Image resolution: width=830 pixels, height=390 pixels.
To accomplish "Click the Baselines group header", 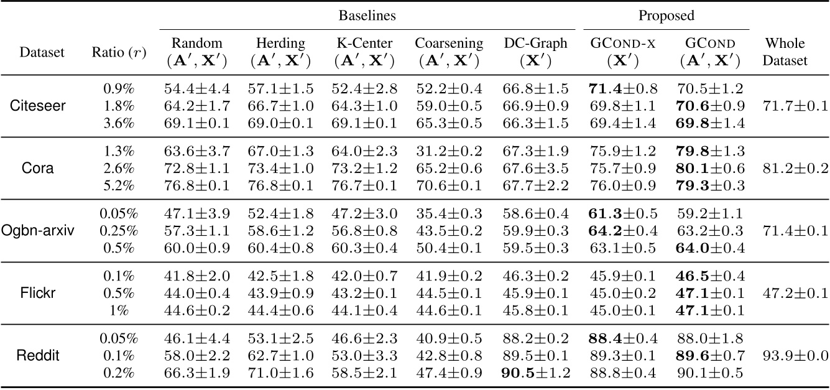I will [x=367, y=14].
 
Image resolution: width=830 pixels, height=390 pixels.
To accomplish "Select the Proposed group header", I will [x=666, y=14].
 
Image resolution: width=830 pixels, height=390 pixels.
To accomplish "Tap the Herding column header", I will [x=280, y=52].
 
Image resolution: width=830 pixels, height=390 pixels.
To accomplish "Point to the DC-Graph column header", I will [x=536, y=52].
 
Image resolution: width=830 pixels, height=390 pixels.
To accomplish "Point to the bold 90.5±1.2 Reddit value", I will [x=536, y=373].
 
